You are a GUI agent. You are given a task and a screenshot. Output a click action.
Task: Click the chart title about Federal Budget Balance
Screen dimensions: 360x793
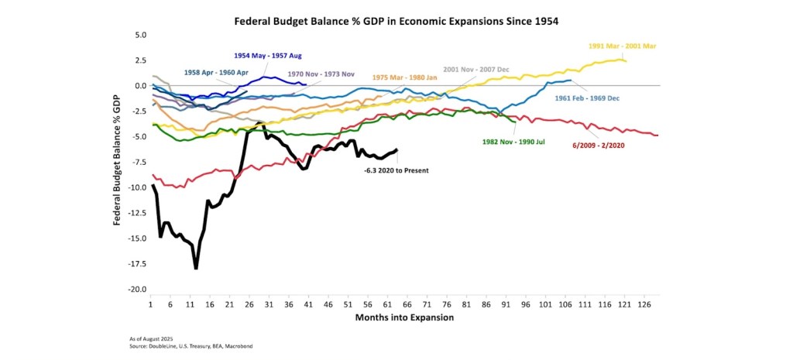coord(396,22)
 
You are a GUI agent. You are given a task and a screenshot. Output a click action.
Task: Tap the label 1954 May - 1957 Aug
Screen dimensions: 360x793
coord(268,56)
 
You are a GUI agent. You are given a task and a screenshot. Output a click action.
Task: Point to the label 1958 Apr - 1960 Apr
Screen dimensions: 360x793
coord(218,73)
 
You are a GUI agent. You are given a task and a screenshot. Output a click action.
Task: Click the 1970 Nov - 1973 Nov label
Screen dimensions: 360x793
coord(321,74)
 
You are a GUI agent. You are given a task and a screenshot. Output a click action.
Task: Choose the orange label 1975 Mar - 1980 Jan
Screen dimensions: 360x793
coord(405,77)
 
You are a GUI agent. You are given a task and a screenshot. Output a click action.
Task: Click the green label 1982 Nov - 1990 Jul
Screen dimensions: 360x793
coord(513,142)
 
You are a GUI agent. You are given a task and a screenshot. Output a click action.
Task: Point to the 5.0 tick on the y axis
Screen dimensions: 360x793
coord(140,36)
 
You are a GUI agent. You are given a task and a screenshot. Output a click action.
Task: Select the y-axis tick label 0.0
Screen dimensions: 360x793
coord(140,86)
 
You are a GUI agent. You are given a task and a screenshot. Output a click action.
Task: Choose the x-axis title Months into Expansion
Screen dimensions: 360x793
coord(403,317)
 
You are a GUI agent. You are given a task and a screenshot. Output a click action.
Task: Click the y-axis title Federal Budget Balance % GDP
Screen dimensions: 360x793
coord(118,162)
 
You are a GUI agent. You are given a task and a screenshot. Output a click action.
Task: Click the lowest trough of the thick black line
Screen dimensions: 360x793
coord(197,268)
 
